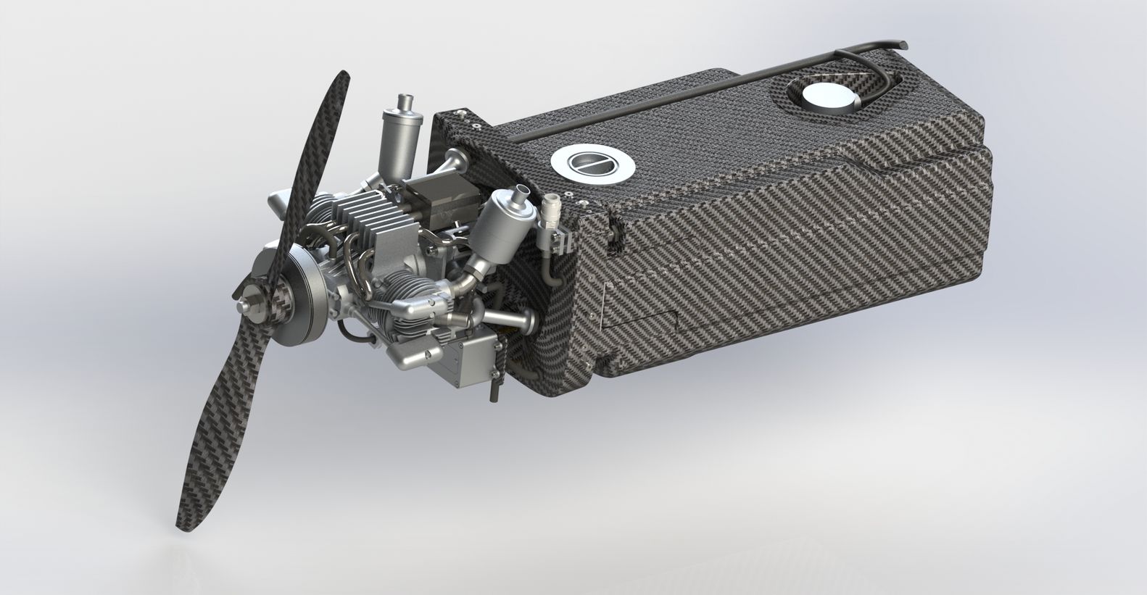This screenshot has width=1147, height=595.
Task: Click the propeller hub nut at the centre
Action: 255,299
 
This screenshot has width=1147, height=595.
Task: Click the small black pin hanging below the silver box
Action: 494,392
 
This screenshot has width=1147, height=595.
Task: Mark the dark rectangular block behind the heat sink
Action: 442,199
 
